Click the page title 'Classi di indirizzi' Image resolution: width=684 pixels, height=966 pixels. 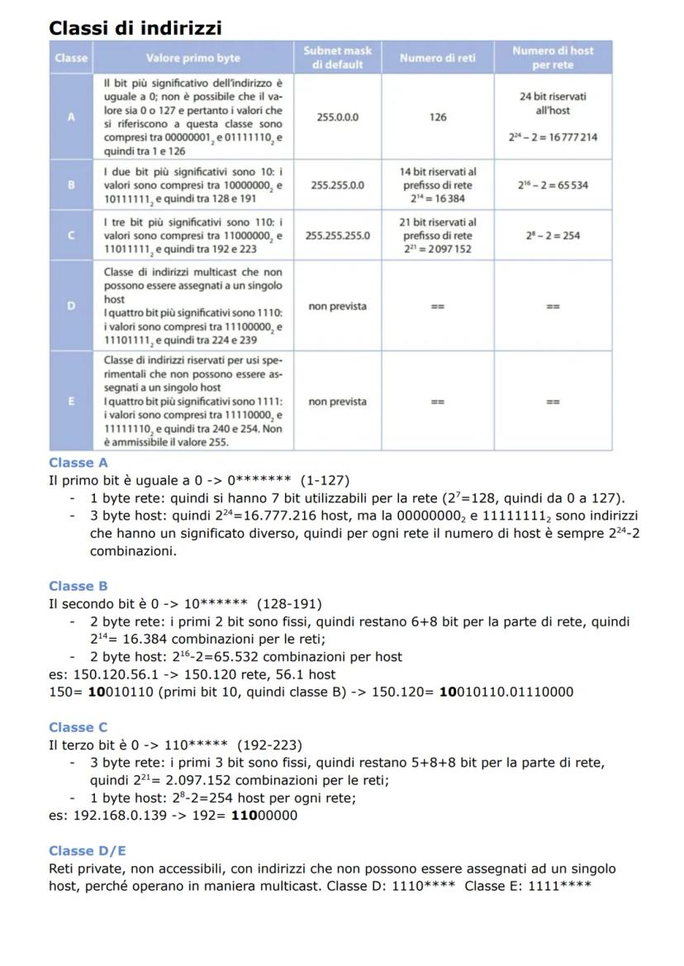click(135, 27)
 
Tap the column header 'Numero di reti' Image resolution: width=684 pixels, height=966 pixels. click(437, 57)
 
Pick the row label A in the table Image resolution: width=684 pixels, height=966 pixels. click(71, 117)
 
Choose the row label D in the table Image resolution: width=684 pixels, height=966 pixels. click(71, 307)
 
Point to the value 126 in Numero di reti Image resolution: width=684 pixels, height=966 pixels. click(437, 117)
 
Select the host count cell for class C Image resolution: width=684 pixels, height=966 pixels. click(553, 236)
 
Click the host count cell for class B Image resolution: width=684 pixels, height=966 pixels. click(553, 185)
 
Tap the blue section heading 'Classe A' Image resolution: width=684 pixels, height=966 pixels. click(78, 463)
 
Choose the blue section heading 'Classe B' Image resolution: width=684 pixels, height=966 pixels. click(78, 586)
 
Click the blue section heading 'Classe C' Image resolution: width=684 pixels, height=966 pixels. click(78, 727)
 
